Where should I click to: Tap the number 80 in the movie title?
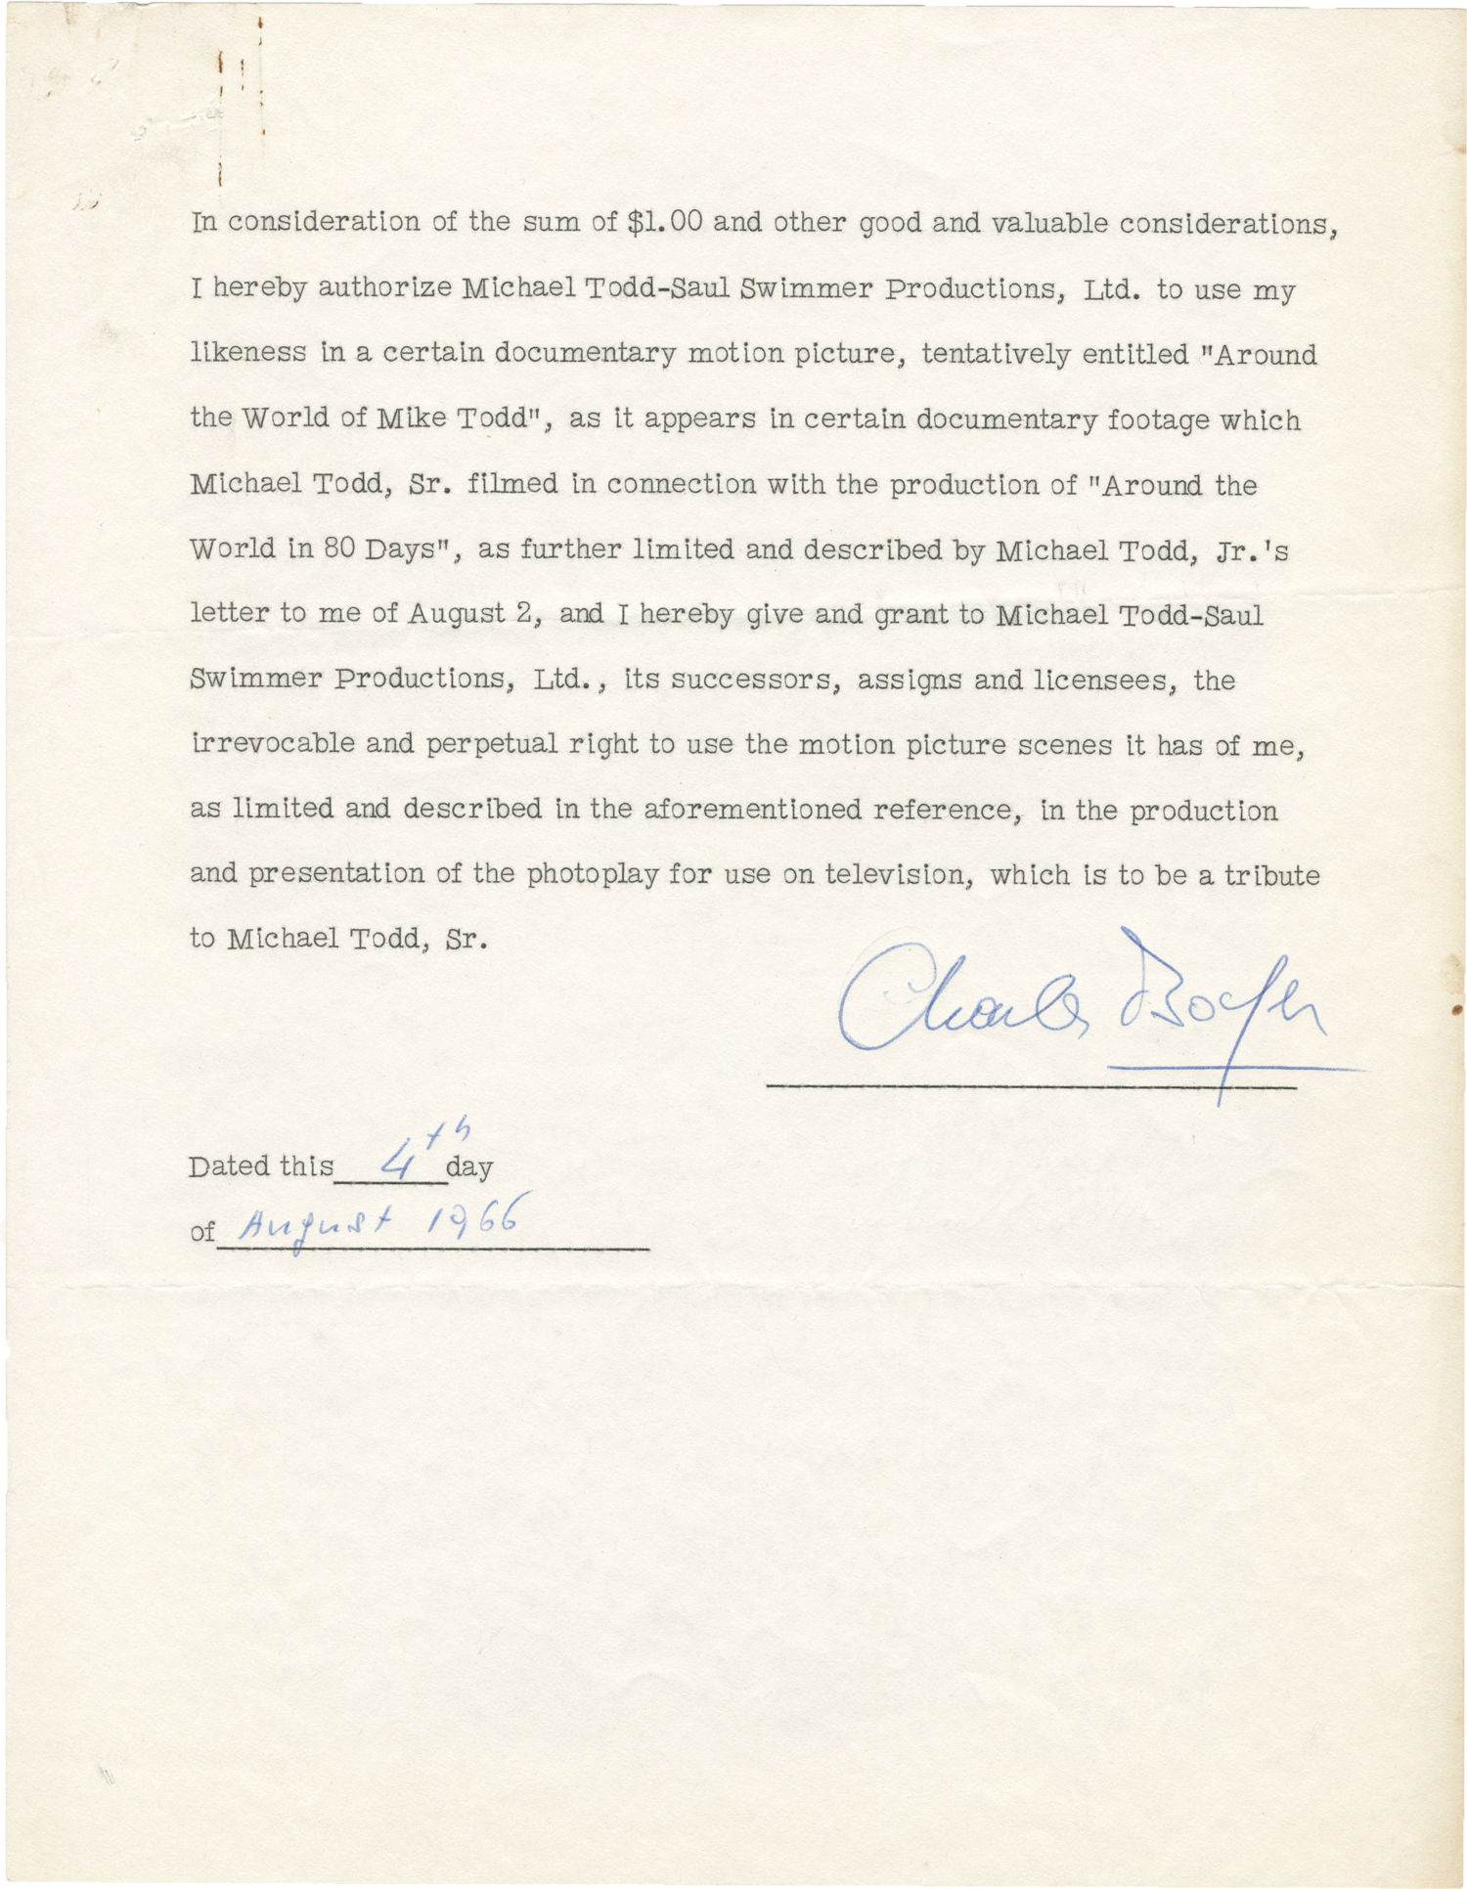click(x=335, y=549)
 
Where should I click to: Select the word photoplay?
click(x=593, y=873)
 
